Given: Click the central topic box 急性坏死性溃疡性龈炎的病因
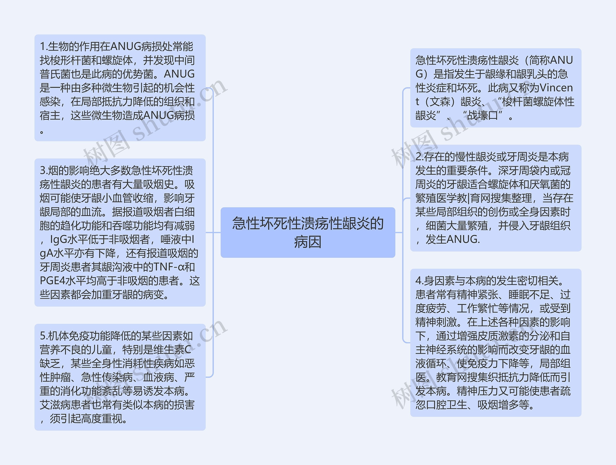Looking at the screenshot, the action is coord(308,232).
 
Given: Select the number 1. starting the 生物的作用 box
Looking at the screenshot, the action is coord(44,46).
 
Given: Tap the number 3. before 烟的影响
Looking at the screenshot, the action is coord(44,170).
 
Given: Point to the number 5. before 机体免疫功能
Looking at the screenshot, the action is coord(44,336).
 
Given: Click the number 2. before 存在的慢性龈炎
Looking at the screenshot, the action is coord(420,157).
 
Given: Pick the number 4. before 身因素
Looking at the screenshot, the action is coord(420,281).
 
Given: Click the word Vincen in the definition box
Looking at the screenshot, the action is coord(556,88).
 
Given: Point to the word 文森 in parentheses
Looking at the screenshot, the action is coord(440,101).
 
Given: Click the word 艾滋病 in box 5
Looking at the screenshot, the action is coord(55,405).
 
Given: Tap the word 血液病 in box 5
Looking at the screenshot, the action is coord(159,377).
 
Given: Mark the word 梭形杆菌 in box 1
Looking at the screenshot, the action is coord(71,60).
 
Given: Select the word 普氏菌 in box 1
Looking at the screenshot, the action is coord(55,74).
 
